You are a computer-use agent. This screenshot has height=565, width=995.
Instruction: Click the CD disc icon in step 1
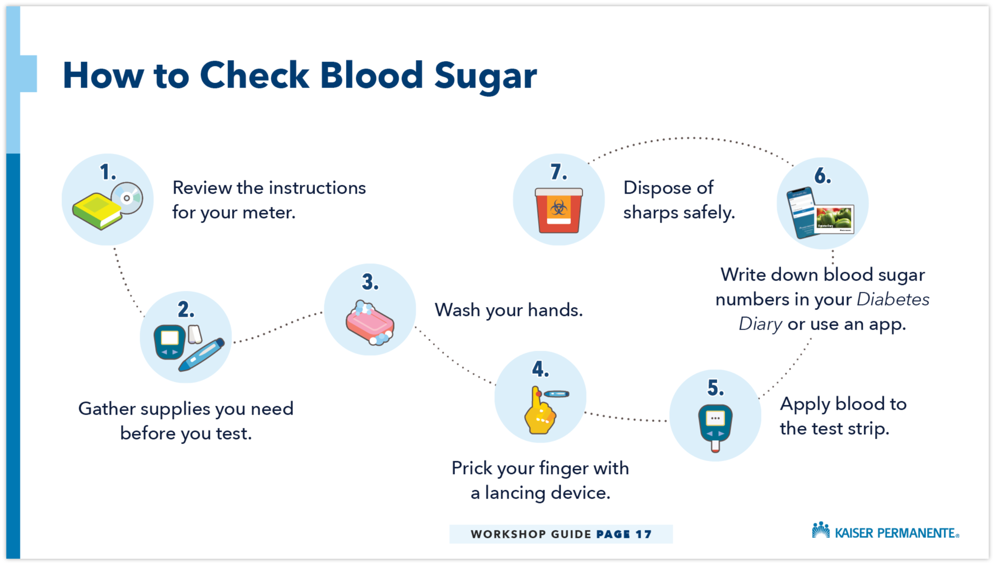(127, 198)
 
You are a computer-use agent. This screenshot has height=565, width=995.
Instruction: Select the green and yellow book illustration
(97, 211)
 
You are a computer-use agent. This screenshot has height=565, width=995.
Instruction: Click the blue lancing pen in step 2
(201, 355)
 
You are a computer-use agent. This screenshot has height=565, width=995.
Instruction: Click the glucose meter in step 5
(715, 426)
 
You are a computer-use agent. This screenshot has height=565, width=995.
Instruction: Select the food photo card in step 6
(834, 219)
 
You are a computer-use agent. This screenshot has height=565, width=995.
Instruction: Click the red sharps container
(559, 210)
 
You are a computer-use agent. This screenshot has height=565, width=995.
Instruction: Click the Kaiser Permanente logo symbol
(821, 530)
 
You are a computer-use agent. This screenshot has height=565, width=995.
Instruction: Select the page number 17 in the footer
(644, 534)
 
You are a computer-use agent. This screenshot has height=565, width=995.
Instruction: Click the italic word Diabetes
(893, 300)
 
